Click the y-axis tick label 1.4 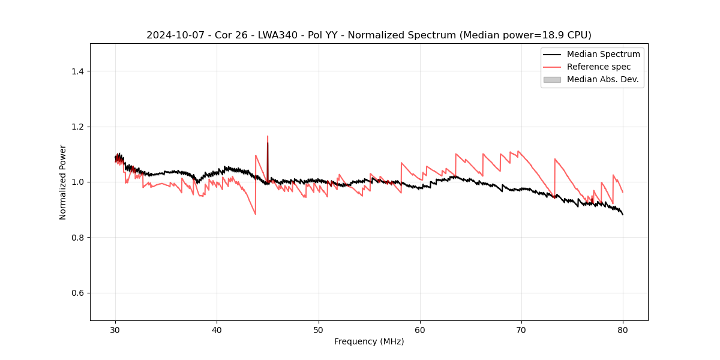[x=77, y=71]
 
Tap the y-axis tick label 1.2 [x=77, y=127]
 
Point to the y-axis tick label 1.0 [x=77, y=182]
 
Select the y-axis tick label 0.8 [x=77, y=238]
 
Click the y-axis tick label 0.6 [x=77, y=293]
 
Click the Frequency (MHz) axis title [x=369, y=341]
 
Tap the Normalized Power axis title [x=63, y=182]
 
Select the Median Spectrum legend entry [x=603, y=54]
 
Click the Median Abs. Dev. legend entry [x=602, y=79]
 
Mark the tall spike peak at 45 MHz [x=268, y=136]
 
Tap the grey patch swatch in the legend [x=552, y=79]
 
